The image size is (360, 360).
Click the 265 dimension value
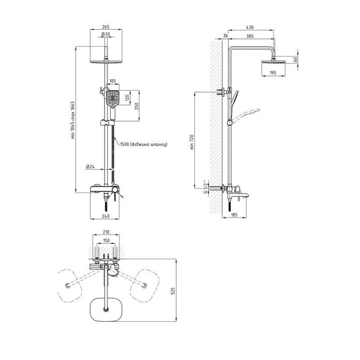tap(106, 27)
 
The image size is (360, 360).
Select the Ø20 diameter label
tap(106, 34)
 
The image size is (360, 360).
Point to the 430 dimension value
tap(250, 27)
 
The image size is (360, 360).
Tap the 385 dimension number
tap(250, 36)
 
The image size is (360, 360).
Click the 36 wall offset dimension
tap(226, 35)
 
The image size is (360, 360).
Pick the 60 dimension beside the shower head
tap(296, 59)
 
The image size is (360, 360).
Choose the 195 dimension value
tap(273, 73)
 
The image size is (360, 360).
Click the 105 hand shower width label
tap(113, 81)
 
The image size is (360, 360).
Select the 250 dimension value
tap(137, 106)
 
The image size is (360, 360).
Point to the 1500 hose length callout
tap(144, 145)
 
